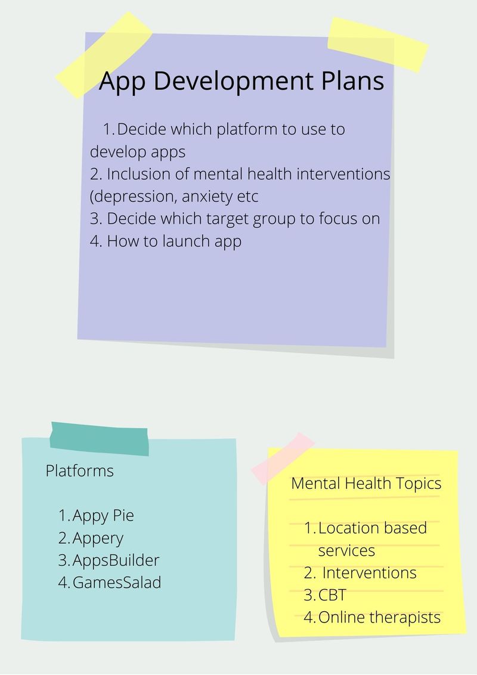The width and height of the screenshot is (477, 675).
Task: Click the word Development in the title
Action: click(x=233, y=81)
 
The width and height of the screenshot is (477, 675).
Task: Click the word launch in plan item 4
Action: click(x=186, y=241)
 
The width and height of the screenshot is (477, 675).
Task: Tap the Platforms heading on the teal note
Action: click(x=80, y=471)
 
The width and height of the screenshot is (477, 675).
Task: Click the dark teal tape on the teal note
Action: click(x=100, y=439)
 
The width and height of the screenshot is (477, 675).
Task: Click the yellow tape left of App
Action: click(x=104, y=55)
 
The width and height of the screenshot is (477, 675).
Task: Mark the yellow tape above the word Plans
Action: click(x=377, y=45)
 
